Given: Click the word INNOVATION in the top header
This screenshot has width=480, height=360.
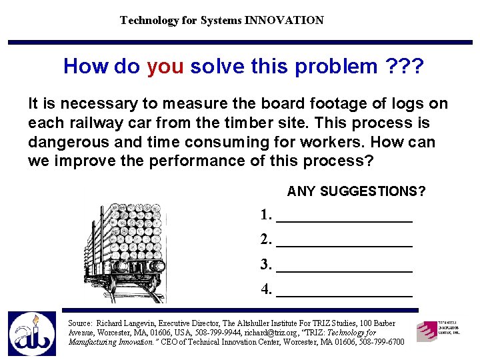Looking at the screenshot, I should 284,20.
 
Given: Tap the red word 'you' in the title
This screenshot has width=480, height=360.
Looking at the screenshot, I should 165,66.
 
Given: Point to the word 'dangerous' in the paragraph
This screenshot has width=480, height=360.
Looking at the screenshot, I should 71,142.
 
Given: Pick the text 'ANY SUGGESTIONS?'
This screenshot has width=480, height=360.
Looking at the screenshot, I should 356,192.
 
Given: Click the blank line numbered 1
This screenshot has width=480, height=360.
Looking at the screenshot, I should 343,216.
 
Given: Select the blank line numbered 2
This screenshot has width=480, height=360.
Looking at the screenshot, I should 343,241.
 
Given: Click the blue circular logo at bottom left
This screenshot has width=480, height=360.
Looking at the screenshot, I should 32,334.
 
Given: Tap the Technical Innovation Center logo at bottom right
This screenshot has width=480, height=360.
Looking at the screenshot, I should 438,330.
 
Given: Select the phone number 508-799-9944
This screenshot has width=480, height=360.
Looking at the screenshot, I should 219,333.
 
